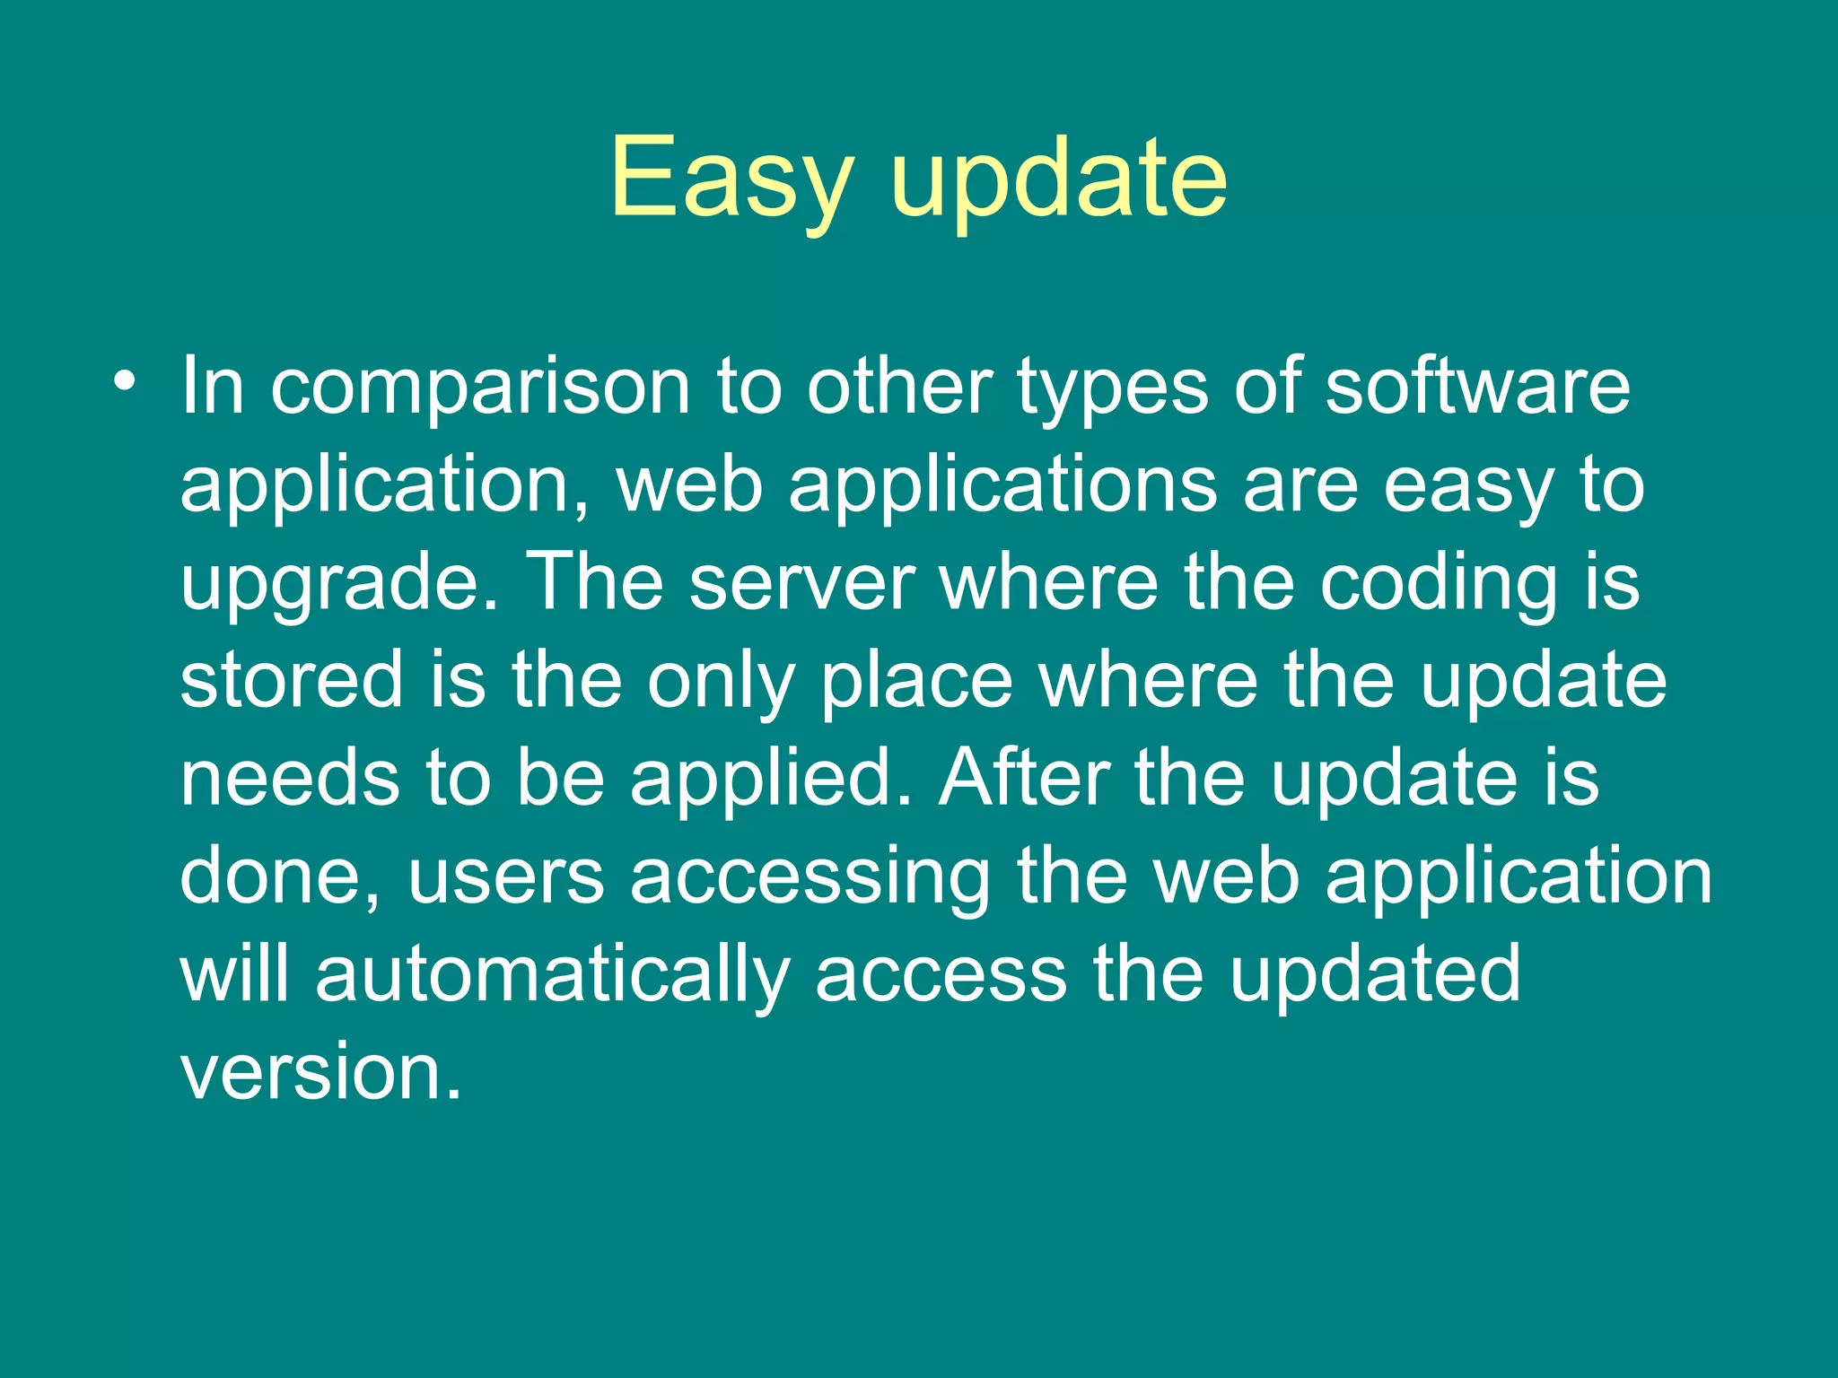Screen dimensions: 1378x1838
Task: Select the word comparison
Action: click(x=480, y=388)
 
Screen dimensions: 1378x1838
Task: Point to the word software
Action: click(x=1477, y=388)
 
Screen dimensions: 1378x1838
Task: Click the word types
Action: click(x=1112, y=388)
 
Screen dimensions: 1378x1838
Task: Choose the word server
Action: click(x=802, y=583)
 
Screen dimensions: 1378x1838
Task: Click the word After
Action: click(x=1023, y=778)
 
